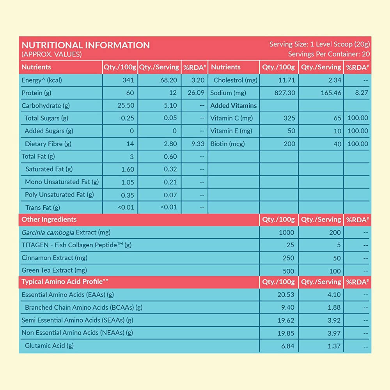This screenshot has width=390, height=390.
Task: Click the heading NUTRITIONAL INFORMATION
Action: coord(85,45)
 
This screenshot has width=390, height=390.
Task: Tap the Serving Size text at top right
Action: coord(319,44)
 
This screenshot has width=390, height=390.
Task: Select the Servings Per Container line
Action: coord(329,54)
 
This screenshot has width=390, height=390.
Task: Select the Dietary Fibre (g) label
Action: coord(48,144)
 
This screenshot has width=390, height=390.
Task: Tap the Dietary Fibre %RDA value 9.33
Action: coord(198,144)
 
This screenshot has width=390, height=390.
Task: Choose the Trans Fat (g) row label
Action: coord(43,207)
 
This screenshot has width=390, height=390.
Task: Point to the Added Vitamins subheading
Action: coord(234,106)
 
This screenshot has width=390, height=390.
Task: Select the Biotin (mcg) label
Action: coord(227,144)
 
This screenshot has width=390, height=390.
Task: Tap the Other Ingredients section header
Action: coord(49,220)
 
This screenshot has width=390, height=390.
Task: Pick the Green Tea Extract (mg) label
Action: coord(54,270)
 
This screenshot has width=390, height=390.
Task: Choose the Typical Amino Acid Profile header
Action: coord(65,282)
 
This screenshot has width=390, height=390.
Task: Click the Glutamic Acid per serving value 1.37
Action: coord(334,346)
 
